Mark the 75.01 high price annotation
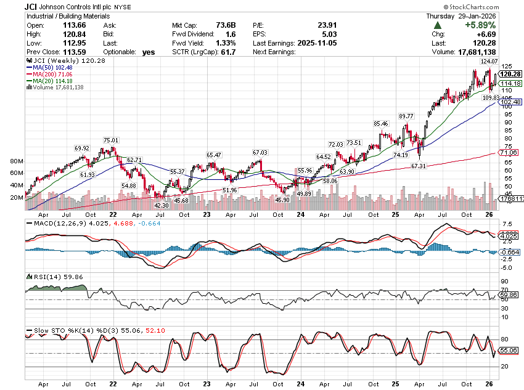(x=111, y=140)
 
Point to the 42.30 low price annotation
(x=162, y=205)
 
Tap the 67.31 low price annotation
(x=419, y=166)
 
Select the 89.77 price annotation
(x=406, y=116)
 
